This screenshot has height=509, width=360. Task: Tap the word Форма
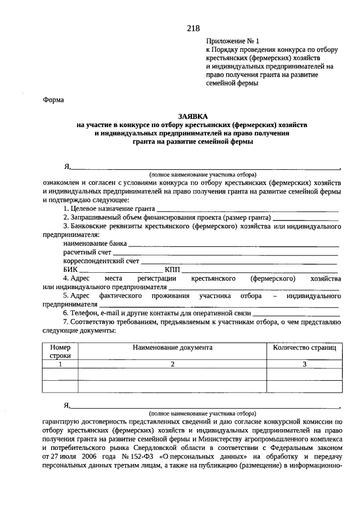point(53,100)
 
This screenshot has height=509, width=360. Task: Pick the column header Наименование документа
point(173,348)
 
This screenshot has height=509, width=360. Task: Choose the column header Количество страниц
point(304,348)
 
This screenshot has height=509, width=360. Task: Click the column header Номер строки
point(60,352)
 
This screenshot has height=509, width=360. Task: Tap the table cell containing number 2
point(173,364)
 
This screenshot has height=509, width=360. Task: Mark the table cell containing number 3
point(304,364)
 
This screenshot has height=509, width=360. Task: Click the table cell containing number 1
point(60,364)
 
